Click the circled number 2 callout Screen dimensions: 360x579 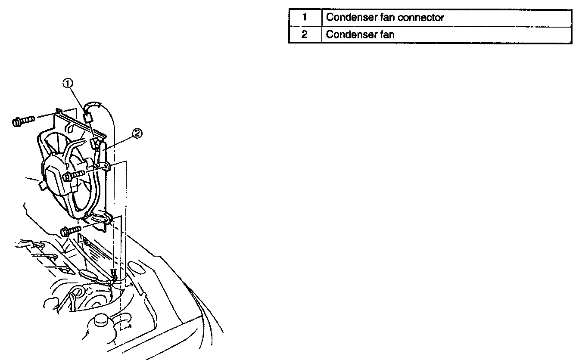[137, 134]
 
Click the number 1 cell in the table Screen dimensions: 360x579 [305, 18]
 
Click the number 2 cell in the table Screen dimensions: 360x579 [305, 34]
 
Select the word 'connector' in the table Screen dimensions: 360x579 [422, 18]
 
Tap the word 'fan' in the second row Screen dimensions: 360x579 [387, 34]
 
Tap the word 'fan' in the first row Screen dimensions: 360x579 [387, 18]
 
